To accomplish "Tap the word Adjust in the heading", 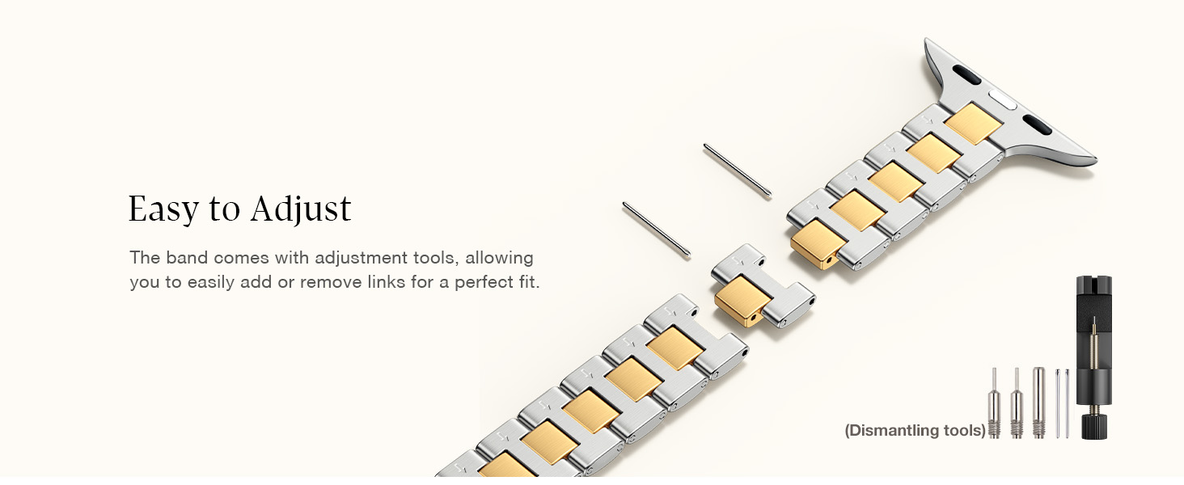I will pos(301,209).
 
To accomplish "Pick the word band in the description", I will pos(187,258).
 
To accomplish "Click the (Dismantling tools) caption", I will pos(915,431).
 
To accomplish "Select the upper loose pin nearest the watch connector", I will pos(737,170).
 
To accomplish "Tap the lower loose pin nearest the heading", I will pos(656,230).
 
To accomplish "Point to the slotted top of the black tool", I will pos(1089,288).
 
